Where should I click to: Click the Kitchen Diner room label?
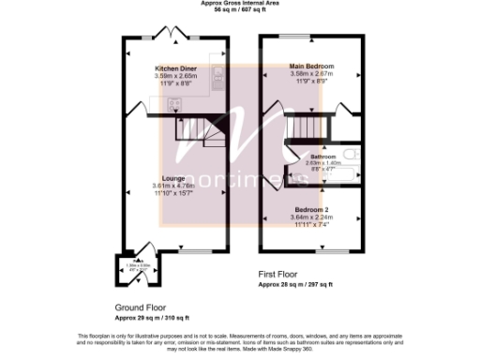click(176, 68)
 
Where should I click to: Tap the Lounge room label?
click(172, 177)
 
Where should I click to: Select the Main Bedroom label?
click(312, 67)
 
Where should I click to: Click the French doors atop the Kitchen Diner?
click(174, 35)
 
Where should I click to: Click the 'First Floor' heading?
click(279, 273)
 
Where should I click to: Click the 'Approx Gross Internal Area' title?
click(240, 3)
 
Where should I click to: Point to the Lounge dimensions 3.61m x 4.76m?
click(172, 186)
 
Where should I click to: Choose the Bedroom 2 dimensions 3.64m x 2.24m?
click(312, 219)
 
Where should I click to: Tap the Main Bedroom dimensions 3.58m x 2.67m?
click(312, 74)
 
